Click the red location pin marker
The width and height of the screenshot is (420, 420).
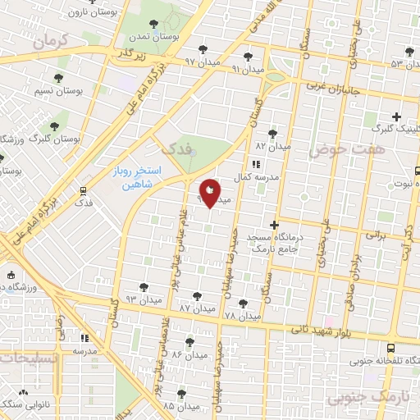click(x=210, y=194)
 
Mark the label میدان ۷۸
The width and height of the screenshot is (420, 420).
click(x=241, y=315)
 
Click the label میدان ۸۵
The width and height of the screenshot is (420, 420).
click(x=181, y=406)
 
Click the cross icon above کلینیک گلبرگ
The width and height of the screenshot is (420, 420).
click(x=397, y=116)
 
